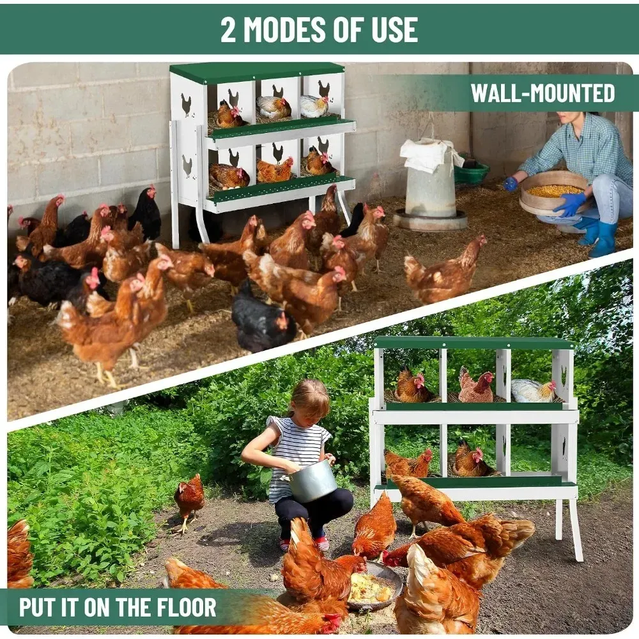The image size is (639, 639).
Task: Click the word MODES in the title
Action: (x=284, y=29)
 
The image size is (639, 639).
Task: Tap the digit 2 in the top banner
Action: (x=228, y=29)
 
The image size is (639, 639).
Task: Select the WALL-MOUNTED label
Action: (x=543, y=93)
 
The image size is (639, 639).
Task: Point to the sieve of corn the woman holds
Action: (x=553, y=196)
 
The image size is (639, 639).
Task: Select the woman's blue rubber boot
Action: (x=603, y=239)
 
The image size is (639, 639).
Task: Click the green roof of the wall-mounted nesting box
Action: (x=257, y=72)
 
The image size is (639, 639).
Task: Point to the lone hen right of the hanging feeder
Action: (x=445, y=268)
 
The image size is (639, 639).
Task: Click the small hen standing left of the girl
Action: (x=189, y=501)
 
